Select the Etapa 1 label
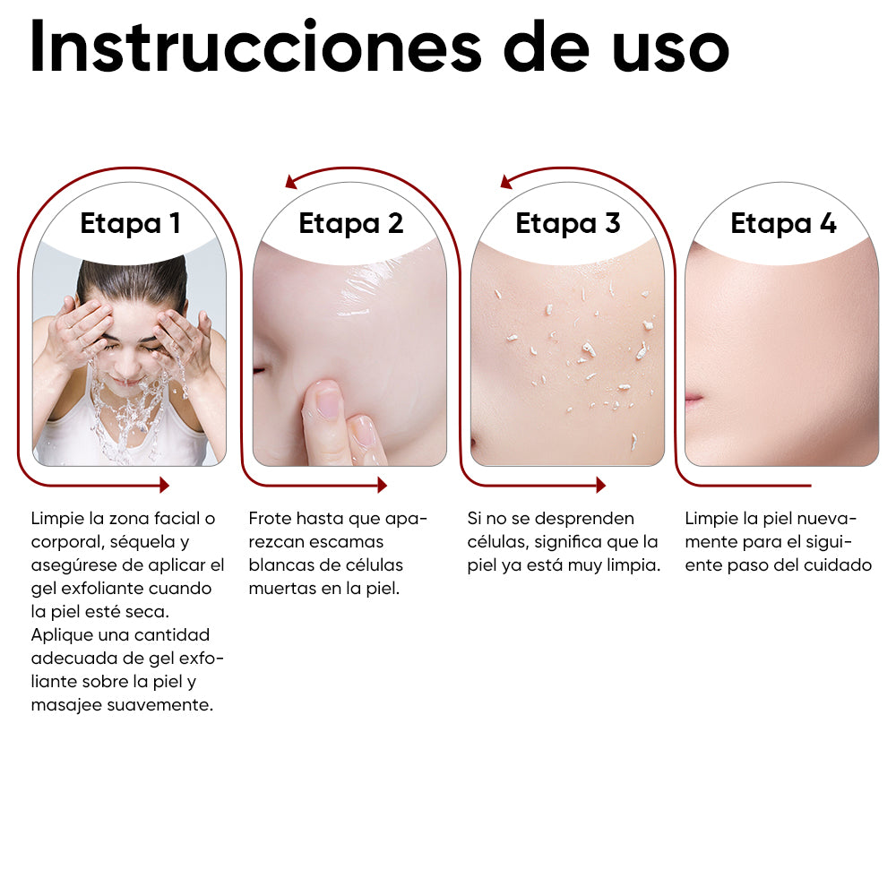(130, 223)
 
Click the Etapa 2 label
(350, 223)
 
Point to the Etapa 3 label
(567, 223)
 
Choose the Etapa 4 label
(783, 223)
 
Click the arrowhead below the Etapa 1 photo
(164, 485)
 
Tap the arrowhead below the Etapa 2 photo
(382, 485)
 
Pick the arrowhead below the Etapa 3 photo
(600, 485)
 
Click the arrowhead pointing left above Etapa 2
(291, 182)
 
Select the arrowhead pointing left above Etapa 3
(506, 182)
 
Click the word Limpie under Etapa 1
(56, 519)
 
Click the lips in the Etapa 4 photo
(694, 396)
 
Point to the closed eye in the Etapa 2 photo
(261, 369)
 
